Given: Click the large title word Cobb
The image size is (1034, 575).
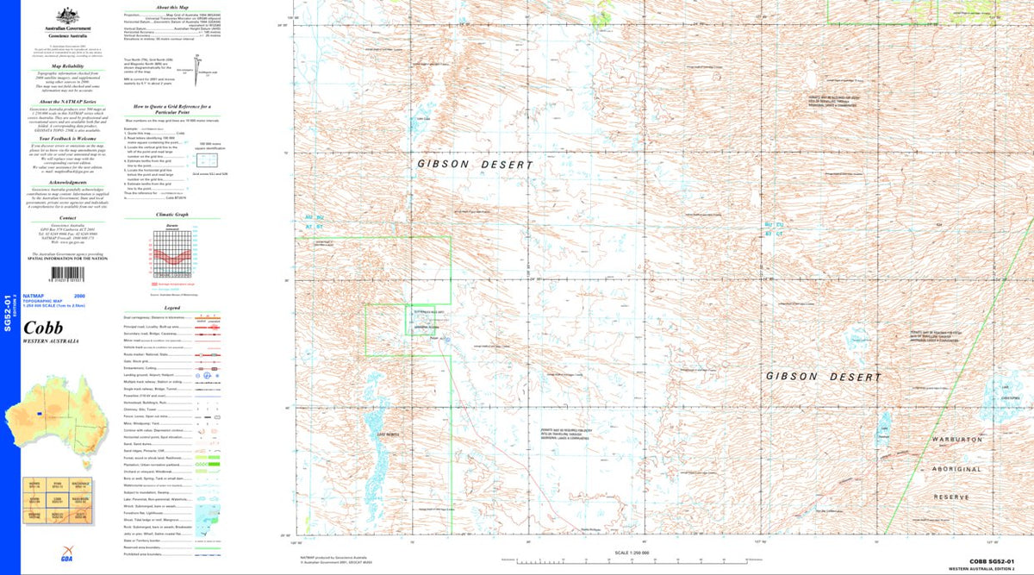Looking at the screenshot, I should [x=42, y=328].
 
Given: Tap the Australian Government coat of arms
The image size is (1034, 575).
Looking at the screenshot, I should [x=67, y=16].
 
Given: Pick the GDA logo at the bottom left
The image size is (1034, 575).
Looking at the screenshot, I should [x=41, y=559].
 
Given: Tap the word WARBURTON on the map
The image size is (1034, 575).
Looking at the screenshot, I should [x=956, y=440].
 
